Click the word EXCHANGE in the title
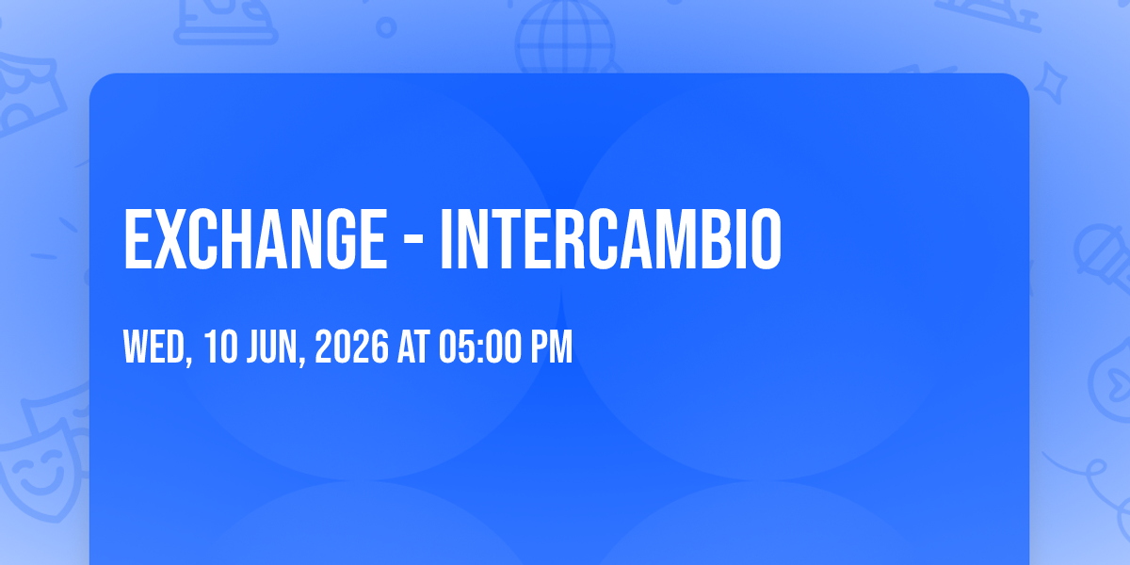[x=255, y=239]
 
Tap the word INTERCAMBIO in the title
[x=611, y=239]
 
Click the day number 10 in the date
[x=220, y=347]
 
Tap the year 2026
[x=351, y=347]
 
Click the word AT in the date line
[x=413, y=347]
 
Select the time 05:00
[x=479, y=347]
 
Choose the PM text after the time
[x=552, y=347]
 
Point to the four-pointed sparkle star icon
[x=1051, y=83]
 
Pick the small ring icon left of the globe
[x=386, y=27]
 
